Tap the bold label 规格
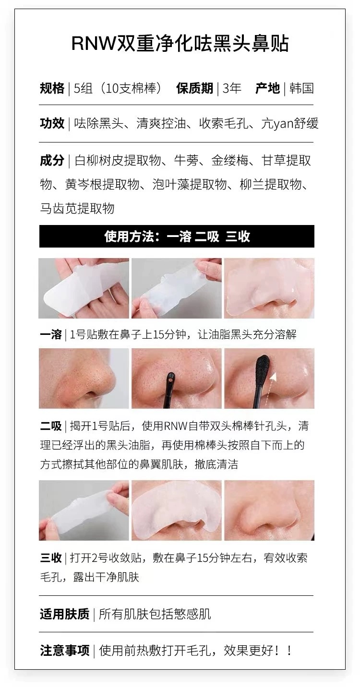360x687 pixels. pyautogui.click(x=52, y=89)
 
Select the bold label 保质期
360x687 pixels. pyautogui.click(x=194, y=89)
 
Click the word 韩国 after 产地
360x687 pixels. pyautogui.click(x=301, y=89)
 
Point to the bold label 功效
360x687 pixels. pyautogui.click(x=52, y=123)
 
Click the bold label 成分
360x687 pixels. pyautogui.click(x=52, y=161)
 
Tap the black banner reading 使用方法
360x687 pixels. pyautogui.click(x=177, y=237)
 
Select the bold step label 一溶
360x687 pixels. pyautogui.click(x=50, y=334)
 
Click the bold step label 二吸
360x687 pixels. pyautogui.click(x=50, y=426)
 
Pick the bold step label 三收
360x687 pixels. pyautogui.click(x=50, y=558)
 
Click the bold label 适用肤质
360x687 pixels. pyautogui.click(x=64, y=614)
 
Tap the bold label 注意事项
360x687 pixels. pyautogui.click(x=64, y=651)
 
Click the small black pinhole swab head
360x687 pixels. pyautogui.click(x=169, y=381)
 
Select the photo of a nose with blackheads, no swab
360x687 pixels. pyautogui.click(x=84, y=378)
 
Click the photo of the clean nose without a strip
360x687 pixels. pyautogui.click(x=269, y=510)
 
